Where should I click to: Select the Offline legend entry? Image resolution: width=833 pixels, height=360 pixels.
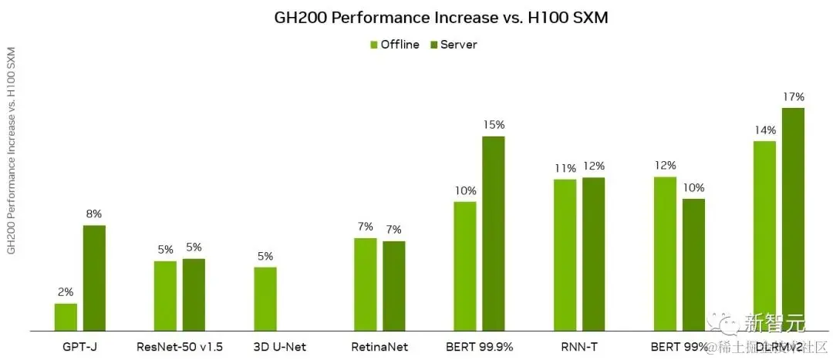394,45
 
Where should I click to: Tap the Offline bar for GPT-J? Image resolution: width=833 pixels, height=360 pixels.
66,317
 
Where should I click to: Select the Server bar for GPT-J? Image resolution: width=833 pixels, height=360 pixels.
94,278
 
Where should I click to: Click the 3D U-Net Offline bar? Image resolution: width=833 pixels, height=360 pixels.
265,299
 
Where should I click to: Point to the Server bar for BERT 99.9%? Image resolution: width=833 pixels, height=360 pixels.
493,234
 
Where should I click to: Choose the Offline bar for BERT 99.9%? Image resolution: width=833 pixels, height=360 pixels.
464,266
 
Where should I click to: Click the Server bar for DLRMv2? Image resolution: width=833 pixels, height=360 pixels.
793,220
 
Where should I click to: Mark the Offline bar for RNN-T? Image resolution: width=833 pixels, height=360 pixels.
565,254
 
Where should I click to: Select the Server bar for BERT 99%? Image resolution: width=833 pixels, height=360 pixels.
693,264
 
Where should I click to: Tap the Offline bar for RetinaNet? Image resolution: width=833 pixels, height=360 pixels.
366,284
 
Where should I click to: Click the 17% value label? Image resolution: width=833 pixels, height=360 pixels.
793,97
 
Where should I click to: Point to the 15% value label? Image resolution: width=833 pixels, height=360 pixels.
493,125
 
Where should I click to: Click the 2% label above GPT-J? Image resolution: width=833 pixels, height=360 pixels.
66,292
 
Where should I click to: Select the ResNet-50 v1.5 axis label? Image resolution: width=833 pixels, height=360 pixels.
179,347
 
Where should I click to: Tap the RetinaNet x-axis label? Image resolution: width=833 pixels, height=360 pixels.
379,347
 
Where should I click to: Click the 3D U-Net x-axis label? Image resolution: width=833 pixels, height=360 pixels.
279,347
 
